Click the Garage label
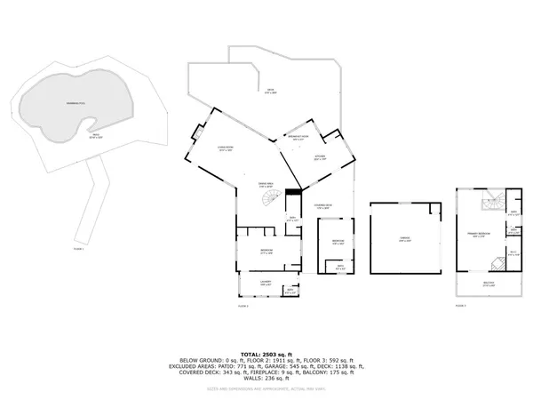pyautogui.click(x=404, y=240)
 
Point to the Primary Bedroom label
pyautogui.click(x=479, y=235)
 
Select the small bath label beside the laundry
pyautogui.click(x=290, y=291)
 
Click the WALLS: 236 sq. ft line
pyautogui.click(x=266, y=380)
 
